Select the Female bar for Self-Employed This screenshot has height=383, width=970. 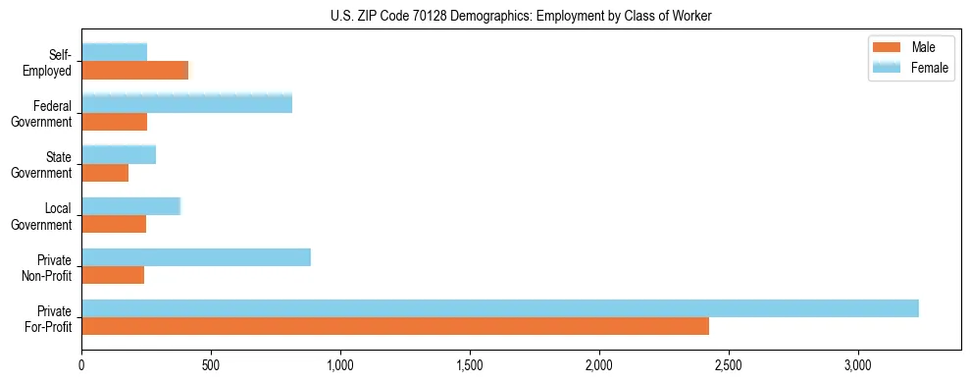pyautogui.click(x=115, y=52)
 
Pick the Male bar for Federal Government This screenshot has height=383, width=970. pyautogui.click(x=115, y=121)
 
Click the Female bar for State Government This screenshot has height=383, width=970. pyautogui.click(x=119, y=154)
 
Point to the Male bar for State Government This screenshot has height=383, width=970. pyautogui.click(x=105, y=172)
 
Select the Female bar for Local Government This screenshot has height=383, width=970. pyautogui.click(x=131, y=206)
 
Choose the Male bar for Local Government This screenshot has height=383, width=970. pyautogui.click(x=114, y=224)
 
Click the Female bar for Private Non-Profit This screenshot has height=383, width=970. pyautogui.click(x=196, y=257)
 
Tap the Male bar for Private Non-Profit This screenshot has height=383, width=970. pyautogui.click(x=113, y=275)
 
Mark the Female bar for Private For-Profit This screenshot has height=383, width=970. pyautogui.click(x=500, y=308)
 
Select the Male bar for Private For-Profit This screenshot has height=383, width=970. pyautogui.click(x=395, y=326)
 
